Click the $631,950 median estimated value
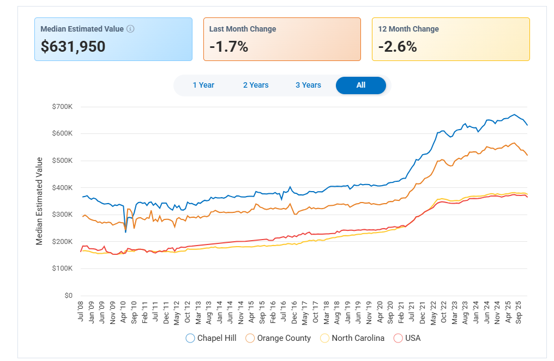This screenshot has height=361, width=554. tap(73, 47)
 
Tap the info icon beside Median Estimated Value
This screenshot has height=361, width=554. tap(130, 29)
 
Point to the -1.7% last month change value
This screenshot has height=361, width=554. tap(228, 47)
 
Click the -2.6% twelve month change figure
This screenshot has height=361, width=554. tap(398, 47)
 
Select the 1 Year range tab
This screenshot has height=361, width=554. tap(203, 85)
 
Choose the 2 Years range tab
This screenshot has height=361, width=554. tap(256, 85)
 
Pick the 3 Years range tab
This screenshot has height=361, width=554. tap(308, 85)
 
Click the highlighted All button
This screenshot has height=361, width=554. tap(360, 85)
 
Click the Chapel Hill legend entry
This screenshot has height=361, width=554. tap(212, 338)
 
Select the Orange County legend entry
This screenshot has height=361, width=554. tap(278, 338)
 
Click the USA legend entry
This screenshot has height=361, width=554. tap(407, 338)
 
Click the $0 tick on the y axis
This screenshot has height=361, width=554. tap(68, 296)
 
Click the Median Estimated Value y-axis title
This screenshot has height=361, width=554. tap(39, 201)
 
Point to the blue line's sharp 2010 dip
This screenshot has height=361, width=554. tap(125, 231)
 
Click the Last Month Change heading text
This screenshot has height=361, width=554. tap(243, 29)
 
